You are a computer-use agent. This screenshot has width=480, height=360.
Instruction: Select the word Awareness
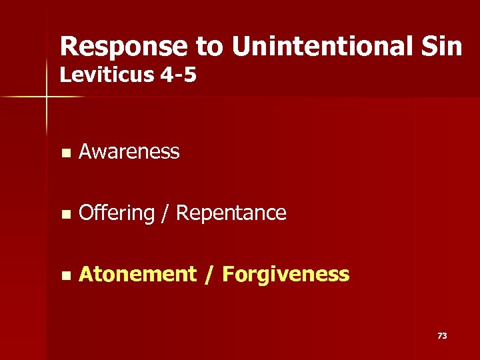tap(129, 152)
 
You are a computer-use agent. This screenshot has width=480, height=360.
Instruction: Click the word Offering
tap(116, 213)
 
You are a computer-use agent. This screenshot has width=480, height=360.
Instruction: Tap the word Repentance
tap(231, 213)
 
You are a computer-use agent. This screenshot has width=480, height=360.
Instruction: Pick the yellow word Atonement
tap(137, 274)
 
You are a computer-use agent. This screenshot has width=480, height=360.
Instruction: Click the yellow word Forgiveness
tap(285, 274)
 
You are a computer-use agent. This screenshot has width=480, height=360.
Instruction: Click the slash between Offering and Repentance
tap(165, 213)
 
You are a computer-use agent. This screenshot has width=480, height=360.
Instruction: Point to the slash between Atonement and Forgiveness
tap(209, 274)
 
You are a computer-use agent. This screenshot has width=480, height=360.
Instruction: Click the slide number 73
tap(442, 336)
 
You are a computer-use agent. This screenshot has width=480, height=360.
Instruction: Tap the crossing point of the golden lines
tap(47, 97)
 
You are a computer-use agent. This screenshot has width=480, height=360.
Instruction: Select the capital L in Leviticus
tap(65, 75)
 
